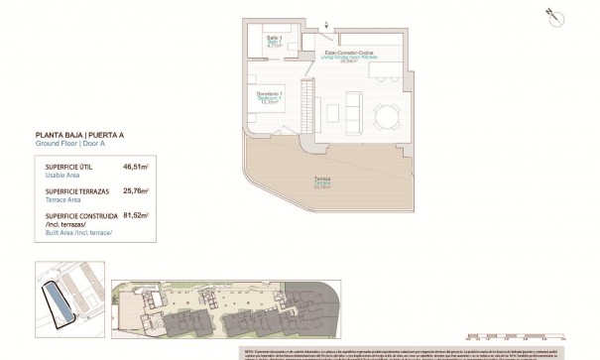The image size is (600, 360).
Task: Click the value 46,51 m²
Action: pos(134,169)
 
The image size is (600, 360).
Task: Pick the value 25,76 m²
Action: pos(134,190)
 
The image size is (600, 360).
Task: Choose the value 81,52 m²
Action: pos(134,214)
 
